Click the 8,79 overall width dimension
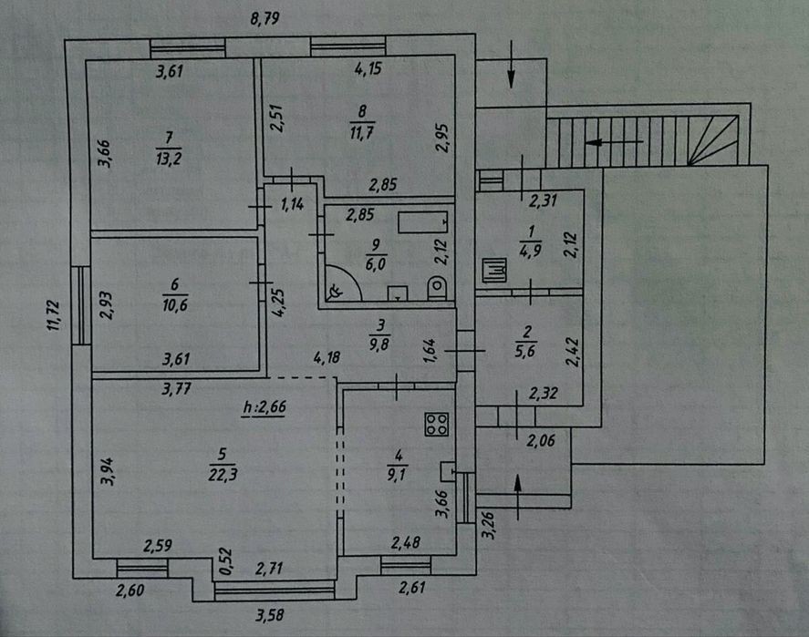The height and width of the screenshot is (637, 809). click(x=264, y=19)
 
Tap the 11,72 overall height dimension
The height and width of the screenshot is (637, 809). click(x=53, y=315)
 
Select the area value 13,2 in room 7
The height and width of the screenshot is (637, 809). click(x=169, y=159)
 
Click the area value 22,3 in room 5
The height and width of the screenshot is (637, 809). click(x=223, y=474)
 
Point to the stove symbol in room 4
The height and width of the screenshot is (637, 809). click(x=437, y=424)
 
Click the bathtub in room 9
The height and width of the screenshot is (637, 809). click(x=422, y=222)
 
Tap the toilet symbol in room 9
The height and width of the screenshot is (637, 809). click(x=437, y=289)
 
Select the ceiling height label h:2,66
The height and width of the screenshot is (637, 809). click(x=264, y=407)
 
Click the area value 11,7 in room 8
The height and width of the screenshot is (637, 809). click(x=362, y=132)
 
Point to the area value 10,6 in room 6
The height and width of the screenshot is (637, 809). click(x=175, y=305)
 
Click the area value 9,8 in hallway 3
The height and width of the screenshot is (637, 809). click(x=379, y=344)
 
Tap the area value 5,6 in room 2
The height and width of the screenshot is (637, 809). click(x=525, y=352)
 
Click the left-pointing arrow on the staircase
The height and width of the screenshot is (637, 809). click(x=614, y=141)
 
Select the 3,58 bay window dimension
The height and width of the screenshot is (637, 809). click(x=270, y=615)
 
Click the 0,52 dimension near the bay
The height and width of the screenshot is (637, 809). click(x=226, y=561)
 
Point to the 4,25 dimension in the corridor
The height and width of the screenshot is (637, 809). click(x=277, y=303)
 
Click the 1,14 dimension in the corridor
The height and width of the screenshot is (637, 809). click(x=292, y=205)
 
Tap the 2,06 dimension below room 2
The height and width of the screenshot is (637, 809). click(x=541, y=441)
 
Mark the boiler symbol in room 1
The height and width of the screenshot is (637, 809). click(x=494, y=270)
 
